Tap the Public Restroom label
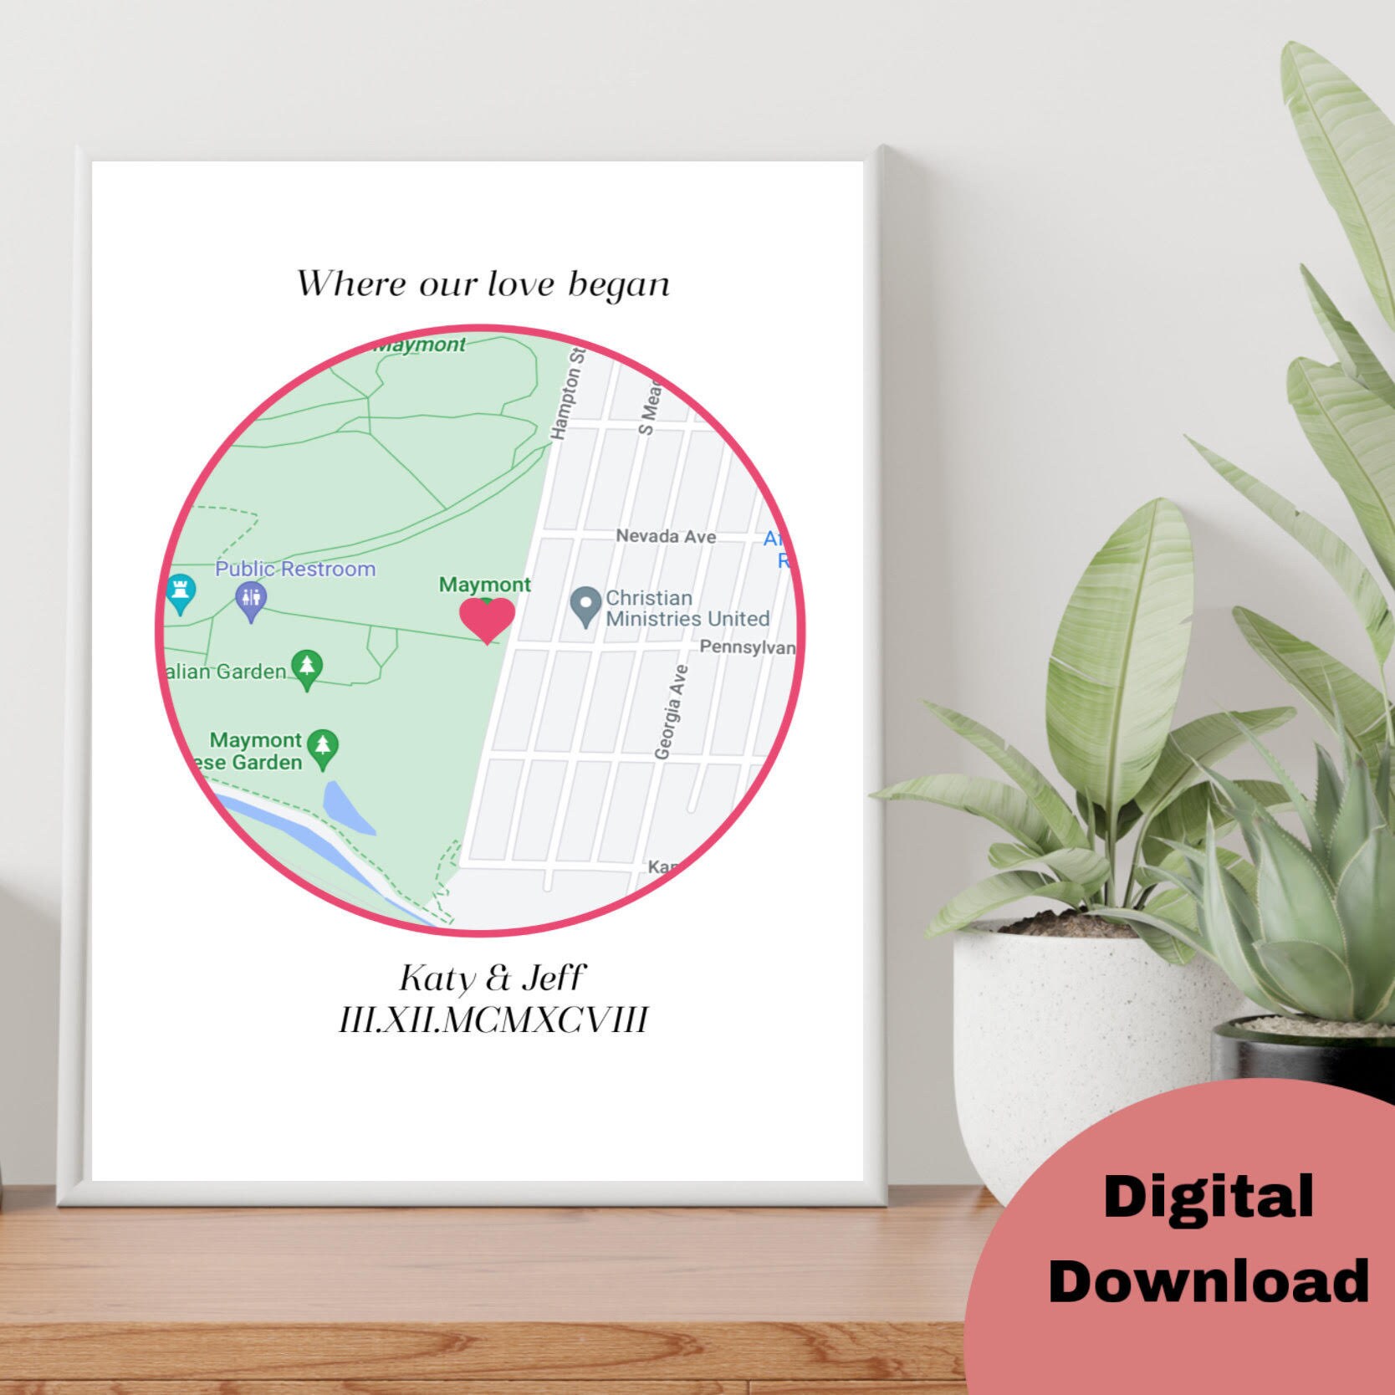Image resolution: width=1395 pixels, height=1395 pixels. pos(295,569)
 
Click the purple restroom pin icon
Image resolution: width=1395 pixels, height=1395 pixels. pos(251,600)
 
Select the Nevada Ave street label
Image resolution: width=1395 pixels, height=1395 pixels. pos(666,536)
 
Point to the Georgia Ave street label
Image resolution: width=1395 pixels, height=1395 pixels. pos(672,712)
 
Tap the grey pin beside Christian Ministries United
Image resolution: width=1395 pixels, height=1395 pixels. pos(585,606)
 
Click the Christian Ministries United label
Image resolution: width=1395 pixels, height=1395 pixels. pos(687,609)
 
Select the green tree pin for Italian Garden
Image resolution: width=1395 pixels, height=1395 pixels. pos(308,669)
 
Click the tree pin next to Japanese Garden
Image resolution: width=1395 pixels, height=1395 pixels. pos(323,748)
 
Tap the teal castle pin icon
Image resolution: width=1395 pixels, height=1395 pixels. pos(180,592)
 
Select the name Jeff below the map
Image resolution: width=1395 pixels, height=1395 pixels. pos(554,978)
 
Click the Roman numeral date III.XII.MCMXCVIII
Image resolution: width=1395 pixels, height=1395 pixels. pos(493,1020)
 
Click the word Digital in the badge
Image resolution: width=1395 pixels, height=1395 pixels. pos(1208,1198)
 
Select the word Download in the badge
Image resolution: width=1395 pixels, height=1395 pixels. pos(1208,1280)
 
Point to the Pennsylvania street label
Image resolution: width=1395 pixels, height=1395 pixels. pos(747,647)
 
